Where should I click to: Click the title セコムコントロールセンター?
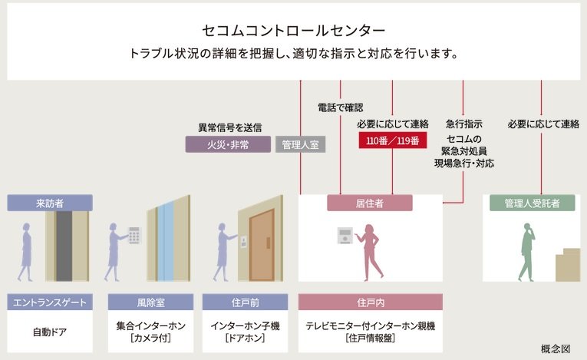[294, 31]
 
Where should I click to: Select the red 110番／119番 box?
[392, 140]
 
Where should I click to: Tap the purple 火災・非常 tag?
[228, 144]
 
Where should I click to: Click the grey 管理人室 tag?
[300, 144]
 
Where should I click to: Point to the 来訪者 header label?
[50, 203]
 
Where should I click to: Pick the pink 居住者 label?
[370, 203]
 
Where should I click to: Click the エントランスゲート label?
[50, 302]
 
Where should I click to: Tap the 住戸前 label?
[244, 302]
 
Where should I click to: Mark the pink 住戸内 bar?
[370, 302]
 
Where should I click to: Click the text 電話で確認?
[340, 107]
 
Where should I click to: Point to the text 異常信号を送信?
[229, 127]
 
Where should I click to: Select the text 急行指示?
[463, 124]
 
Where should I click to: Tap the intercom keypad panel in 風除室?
[134, 235]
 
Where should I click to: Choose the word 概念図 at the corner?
[556, 348]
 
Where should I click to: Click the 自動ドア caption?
[50, 332]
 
